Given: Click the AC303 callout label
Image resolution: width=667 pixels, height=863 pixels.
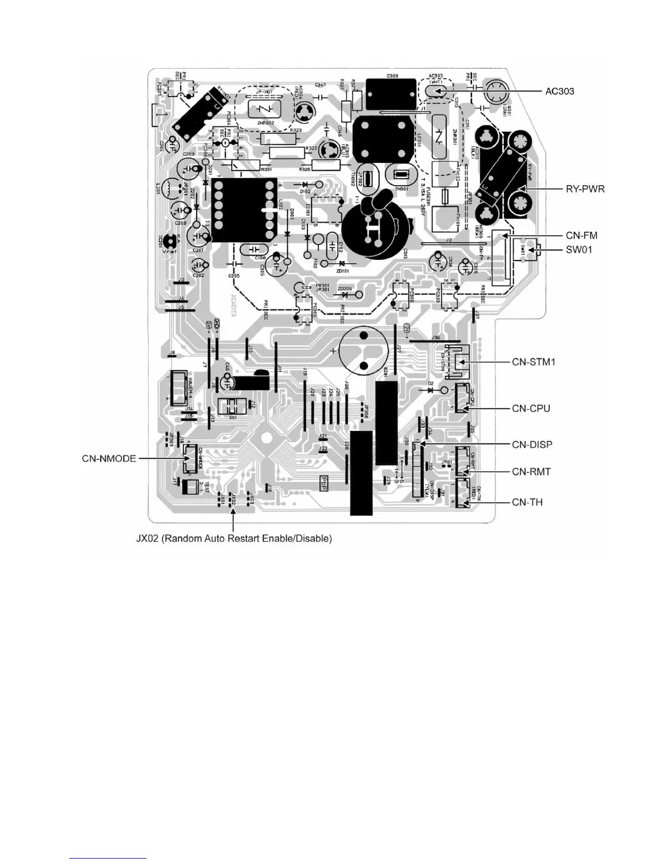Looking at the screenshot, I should [560, 91].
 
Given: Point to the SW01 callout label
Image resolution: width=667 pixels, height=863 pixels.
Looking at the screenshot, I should [579, 250].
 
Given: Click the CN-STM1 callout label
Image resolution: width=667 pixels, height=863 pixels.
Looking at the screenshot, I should [533, 362].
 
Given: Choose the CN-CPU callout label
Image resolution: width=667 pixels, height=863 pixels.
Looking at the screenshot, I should [531, 408].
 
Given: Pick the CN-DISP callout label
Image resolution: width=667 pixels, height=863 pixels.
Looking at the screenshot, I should [532, 445].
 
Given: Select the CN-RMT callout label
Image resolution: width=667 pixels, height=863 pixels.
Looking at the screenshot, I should [531, 471].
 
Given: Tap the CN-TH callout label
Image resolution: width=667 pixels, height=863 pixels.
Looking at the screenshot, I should [527, 502].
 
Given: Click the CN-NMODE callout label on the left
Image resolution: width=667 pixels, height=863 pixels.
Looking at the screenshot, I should [109, 458].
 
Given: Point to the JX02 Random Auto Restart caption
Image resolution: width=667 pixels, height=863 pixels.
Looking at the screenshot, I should [234, 538].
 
